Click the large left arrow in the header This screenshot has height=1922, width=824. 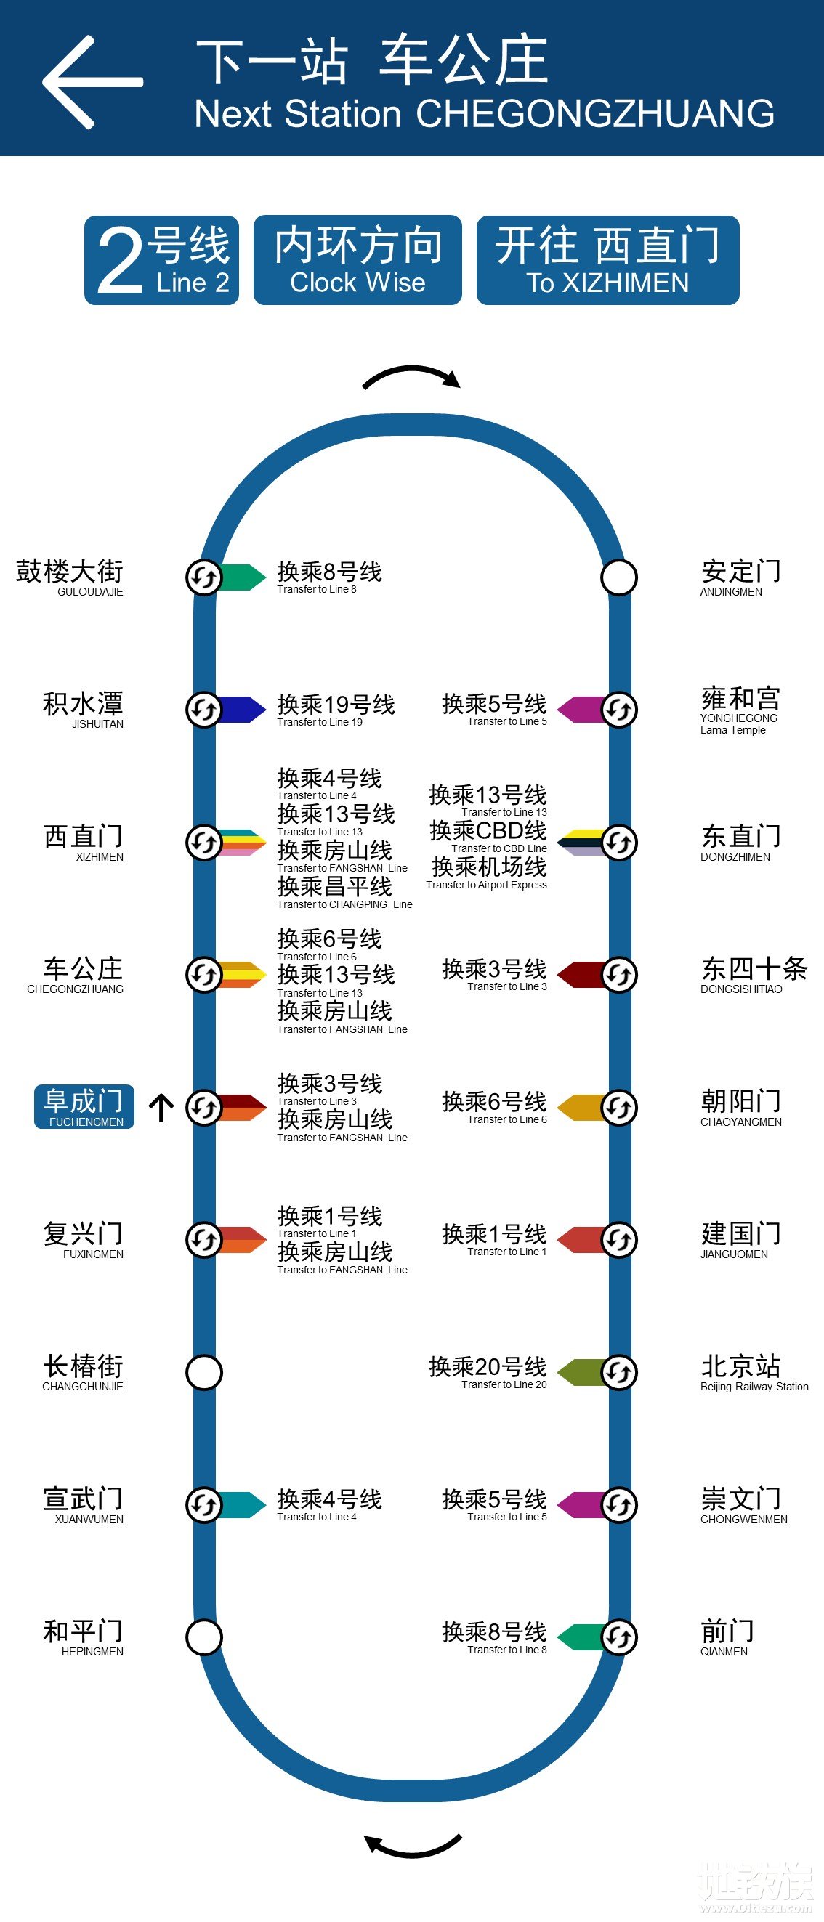click(x=91, y=82)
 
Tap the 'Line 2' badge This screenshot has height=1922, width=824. click(x=162, y=260)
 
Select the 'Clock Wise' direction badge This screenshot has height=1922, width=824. click(x=358, y=260)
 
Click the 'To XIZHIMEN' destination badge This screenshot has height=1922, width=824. click(x=607, y=260)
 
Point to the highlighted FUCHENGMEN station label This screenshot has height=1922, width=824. click(x=84, y=1106)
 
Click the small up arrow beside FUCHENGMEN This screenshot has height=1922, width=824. click(x=161, y=1107)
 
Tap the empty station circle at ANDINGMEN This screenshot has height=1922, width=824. click(x=619, y=577)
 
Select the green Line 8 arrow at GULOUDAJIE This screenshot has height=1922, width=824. click(x=243, y=577)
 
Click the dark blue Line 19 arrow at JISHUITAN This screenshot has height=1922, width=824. click(x=243, y=710)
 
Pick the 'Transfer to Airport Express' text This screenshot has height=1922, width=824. click(x=486, y=885)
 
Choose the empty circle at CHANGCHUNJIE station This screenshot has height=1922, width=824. click(x=203, y=1372)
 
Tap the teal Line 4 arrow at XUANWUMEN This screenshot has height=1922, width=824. click(x=243, y=1504)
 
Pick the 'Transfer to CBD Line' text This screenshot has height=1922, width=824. click(x=498, y=848)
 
